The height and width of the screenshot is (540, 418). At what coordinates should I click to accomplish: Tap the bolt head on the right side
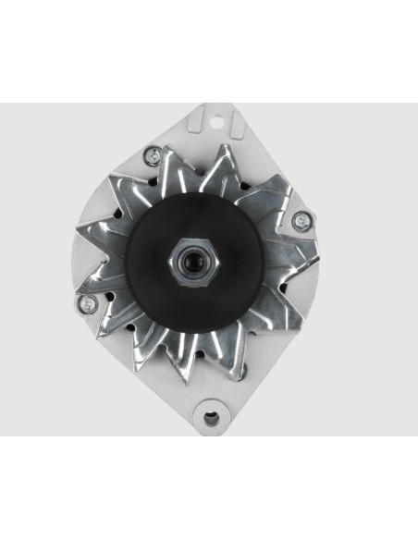click(301, 221)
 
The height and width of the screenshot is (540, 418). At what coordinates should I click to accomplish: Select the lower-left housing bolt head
click(85, 303)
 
